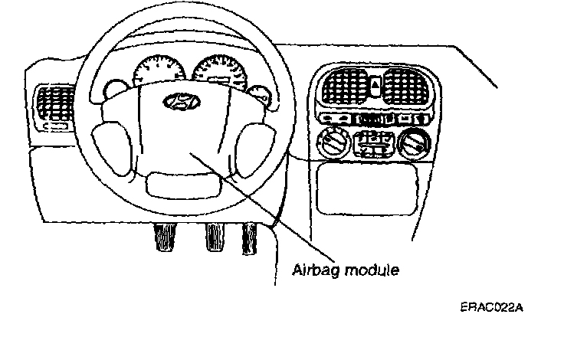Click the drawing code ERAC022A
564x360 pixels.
[492, 308]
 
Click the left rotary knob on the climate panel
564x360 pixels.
[334, 143]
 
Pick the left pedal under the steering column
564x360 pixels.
[163, 237]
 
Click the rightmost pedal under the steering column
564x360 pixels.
[250, 237]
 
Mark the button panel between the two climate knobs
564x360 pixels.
[375, 143]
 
